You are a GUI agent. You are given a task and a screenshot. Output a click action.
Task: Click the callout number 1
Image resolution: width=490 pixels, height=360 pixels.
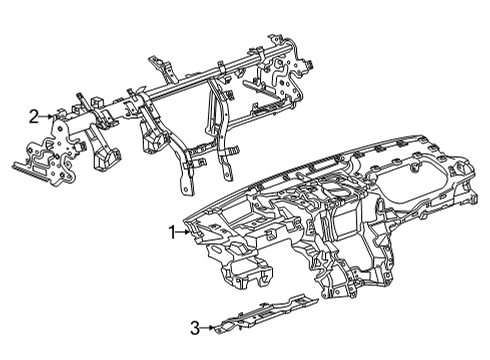pos(171,232)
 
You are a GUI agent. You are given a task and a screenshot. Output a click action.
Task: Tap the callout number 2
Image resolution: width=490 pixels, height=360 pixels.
pos(33,117)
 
